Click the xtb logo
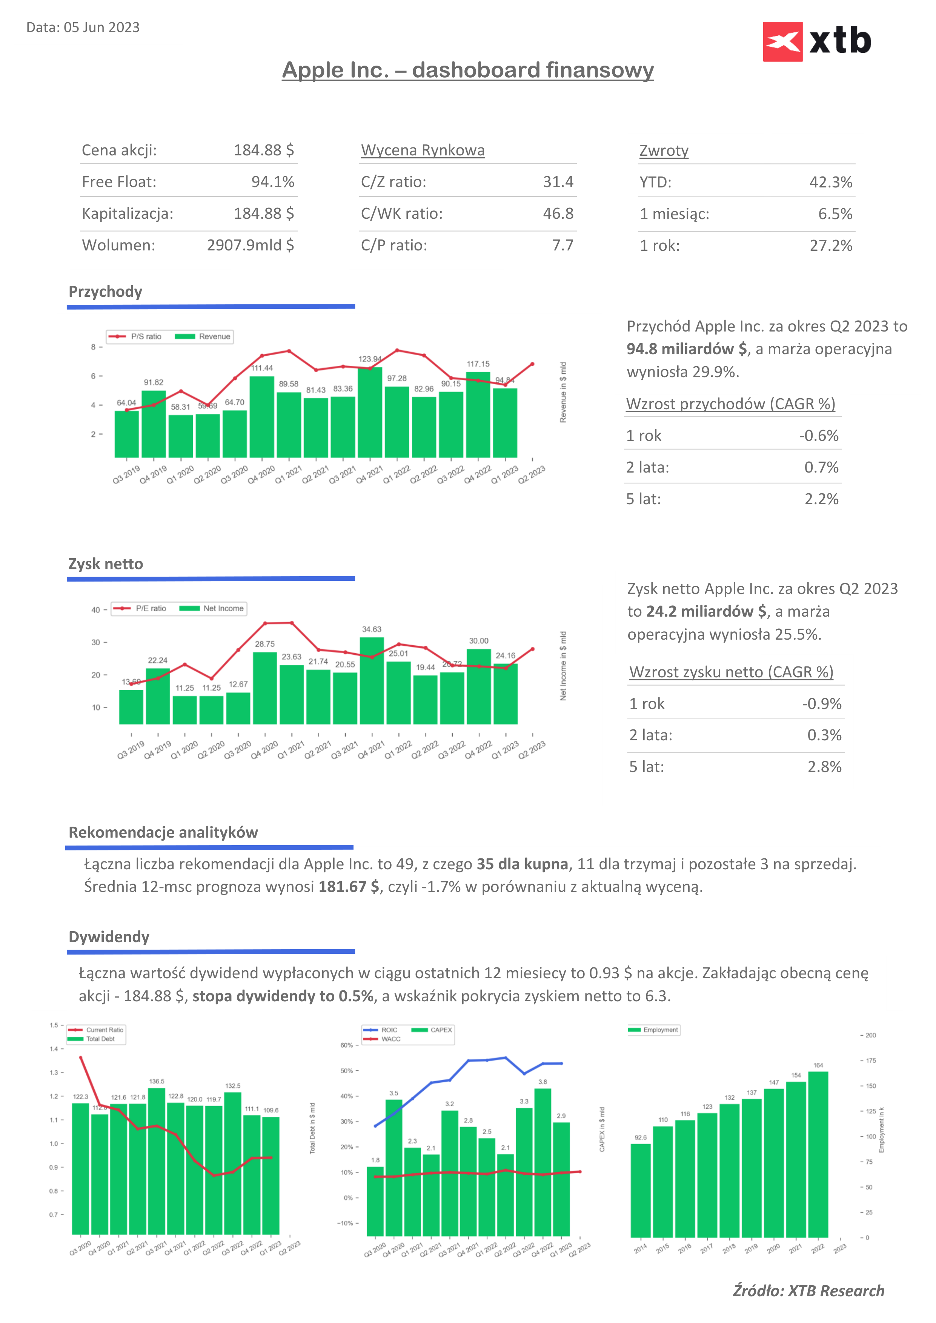pos(817,41)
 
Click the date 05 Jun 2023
pos(101,28)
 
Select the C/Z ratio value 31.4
pos(558,182)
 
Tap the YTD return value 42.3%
pos(830,183)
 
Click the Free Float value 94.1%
pos(273,182)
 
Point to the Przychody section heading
pos(106,292)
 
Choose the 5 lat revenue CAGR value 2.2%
pos(821,499)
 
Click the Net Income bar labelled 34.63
pos(372,680)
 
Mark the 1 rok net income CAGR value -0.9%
pos(822,704)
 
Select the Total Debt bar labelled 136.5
pos(157,1161)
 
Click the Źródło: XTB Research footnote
pos(808,1291)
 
